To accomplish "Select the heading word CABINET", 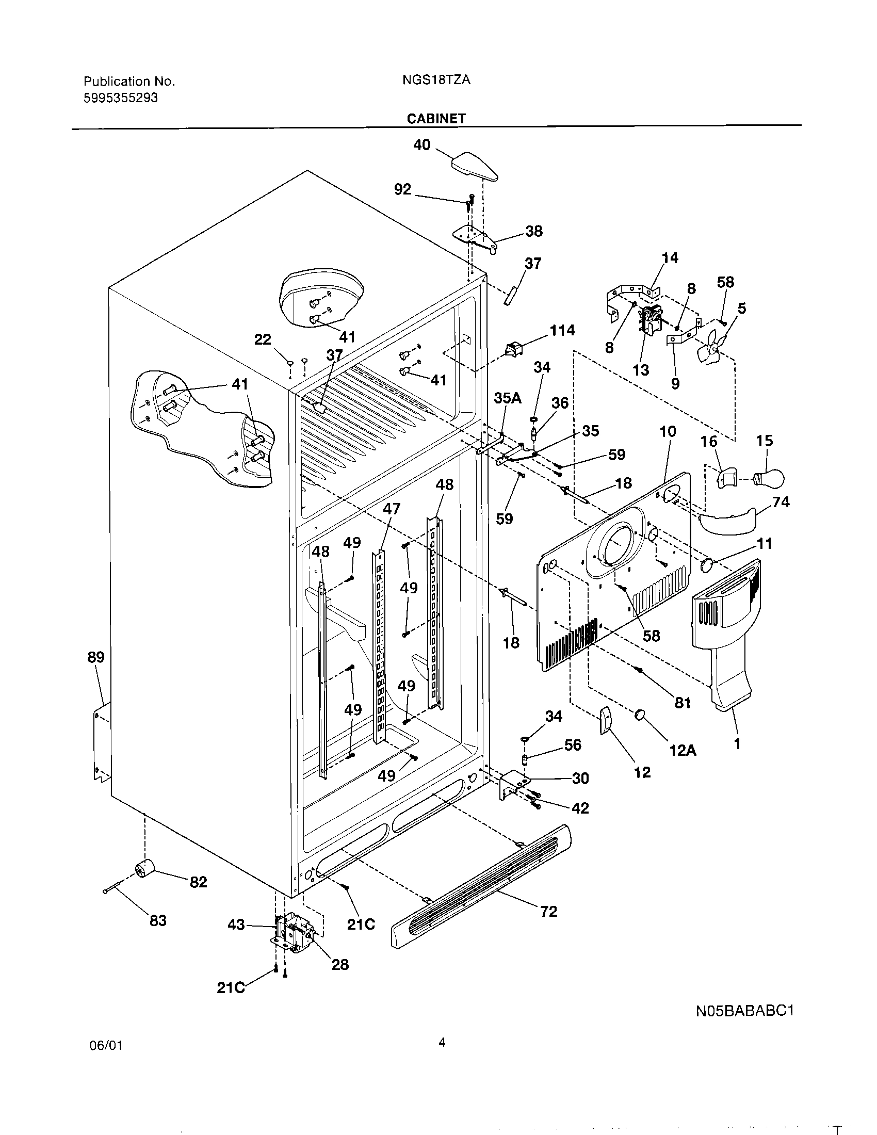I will (436, 119).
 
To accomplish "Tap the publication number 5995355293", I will (121, 98).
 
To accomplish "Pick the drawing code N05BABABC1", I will (745, 1011).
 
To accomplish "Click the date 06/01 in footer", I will (106, 1060).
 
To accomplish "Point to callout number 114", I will (562, 330).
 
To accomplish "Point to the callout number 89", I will (95, 657).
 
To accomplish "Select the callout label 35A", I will (507, 398).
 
